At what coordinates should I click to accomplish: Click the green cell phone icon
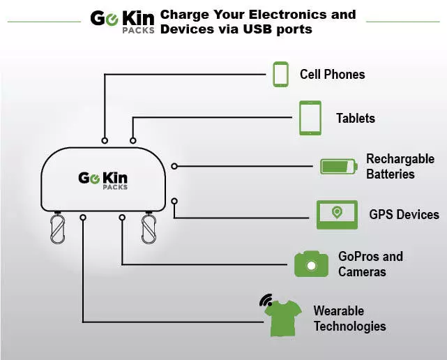(280, 75)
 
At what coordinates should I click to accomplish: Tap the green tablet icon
(310, 118)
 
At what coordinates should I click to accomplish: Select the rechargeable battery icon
(338, 167)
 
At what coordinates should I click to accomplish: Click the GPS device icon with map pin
(337, 214)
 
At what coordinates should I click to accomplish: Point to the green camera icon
(311, 264)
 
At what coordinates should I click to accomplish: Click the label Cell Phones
(332, 75)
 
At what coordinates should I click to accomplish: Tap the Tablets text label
(355, 119)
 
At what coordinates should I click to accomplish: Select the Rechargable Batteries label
(400, 167)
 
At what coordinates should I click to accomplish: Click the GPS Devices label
(404, 214)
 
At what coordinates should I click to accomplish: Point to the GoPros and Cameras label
(370, 264)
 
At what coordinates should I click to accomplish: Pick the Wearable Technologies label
(349, 318)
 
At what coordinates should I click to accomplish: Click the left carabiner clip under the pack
(57, 229)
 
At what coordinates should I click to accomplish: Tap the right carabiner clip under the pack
(149, 229)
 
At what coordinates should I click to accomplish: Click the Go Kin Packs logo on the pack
(104, 181)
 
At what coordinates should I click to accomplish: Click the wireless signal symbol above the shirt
(266, 301)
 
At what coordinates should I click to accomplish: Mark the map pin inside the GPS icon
(337, 211)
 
